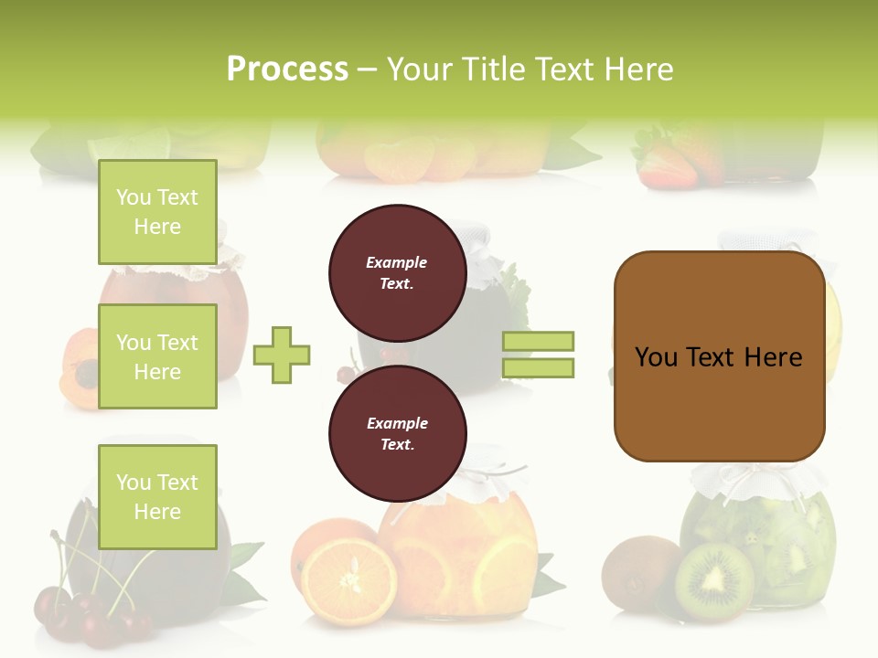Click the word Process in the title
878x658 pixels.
[x=287, y=69]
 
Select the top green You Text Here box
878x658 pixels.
[x=157, y=212]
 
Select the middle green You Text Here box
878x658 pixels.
[x=157, y=356]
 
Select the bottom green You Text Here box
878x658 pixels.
[x=157, y=496]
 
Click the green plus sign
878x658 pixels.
[x=282, y=355]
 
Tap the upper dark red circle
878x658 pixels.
[x=397, y=272]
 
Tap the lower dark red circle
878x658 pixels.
[x=397, y=433]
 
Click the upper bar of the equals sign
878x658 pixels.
[x=538, y=341]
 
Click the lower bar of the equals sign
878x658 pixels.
[x=538, y=367]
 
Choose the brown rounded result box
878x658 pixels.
[x=719, y=356]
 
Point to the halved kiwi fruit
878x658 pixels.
[x=714, y=582]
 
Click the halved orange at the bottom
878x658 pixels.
[x=349, y=581]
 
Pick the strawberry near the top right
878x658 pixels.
[x=665, y=164]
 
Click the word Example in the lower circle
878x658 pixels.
[x=397, y=423]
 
